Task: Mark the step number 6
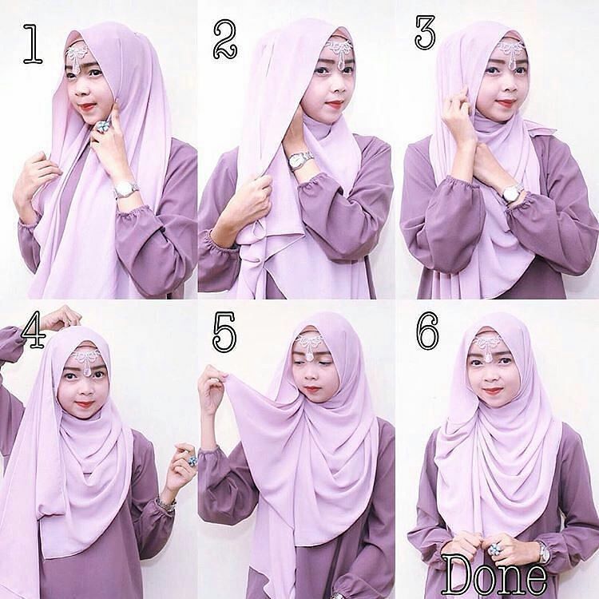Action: point(427,331)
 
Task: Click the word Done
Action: point(494,573)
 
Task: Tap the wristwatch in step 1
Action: point(125,189)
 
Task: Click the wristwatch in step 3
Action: point(512,192)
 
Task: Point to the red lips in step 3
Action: point(503,103)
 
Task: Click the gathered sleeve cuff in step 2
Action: point(214,243)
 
